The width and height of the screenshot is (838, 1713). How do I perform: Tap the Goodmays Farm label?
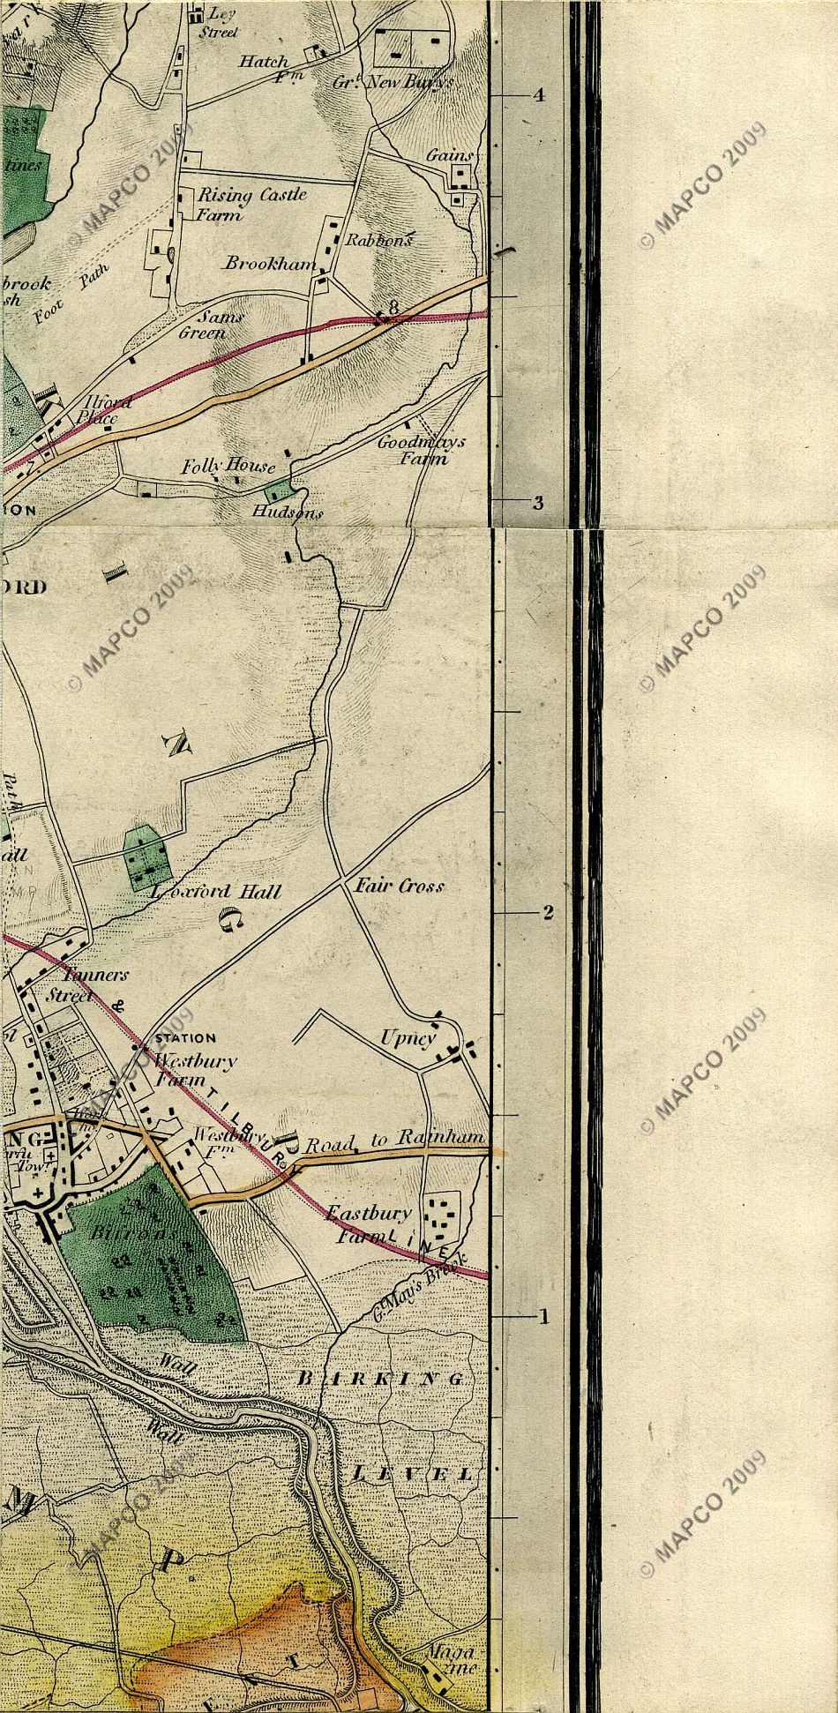coord(422,450)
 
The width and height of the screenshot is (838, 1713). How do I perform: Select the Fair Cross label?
coord(399,886)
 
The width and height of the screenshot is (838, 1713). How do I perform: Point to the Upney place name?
coord(408,1038)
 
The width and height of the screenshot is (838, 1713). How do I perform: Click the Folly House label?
coord(228,466)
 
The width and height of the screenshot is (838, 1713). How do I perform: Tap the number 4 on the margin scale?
coord(539,96)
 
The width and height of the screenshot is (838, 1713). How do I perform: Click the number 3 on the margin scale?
coord(537,503)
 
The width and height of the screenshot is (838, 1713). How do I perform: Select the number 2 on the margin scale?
coord(547,912)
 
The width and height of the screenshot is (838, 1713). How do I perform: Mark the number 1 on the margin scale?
coord(543,1318)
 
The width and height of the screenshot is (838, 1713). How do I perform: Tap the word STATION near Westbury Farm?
coord(185,1038)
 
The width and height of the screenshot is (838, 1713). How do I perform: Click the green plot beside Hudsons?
coord(278,490)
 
